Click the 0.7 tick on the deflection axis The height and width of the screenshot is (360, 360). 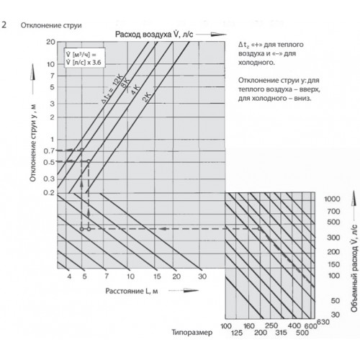pos(49,151)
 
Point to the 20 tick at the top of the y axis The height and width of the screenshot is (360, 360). pos(50,42)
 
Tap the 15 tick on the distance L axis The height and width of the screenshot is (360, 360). pos(157,276)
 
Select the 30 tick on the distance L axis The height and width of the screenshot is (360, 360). pos(202,276)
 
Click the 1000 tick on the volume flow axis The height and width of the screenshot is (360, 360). pos(332,199)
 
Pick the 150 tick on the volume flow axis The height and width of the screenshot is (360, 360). pos(334,264)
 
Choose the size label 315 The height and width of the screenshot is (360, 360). pos(281,333)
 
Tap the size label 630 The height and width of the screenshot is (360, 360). pos(323,322)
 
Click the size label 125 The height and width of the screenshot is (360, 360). pos(237,333)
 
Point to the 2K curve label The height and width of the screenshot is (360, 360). pos(146,97)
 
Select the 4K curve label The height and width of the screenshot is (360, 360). pos(135,89)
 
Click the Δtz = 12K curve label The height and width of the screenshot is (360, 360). pos(112,89)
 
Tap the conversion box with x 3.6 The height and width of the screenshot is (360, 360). pos(84,58)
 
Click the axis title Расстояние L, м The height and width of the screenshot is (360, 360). pos(132,291)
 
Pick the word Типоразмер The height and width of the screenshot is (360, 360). pos(192,333)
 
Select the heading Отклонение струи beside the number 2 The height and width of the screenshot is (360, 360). pos(51,25)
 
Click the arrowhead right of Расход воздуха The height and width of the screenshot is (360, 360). pos(218,35)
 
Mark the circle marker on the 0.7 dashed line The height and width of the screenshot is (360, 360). pos(81,150)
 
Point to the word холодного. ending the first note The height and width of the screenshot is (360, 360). pos(256,63)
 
